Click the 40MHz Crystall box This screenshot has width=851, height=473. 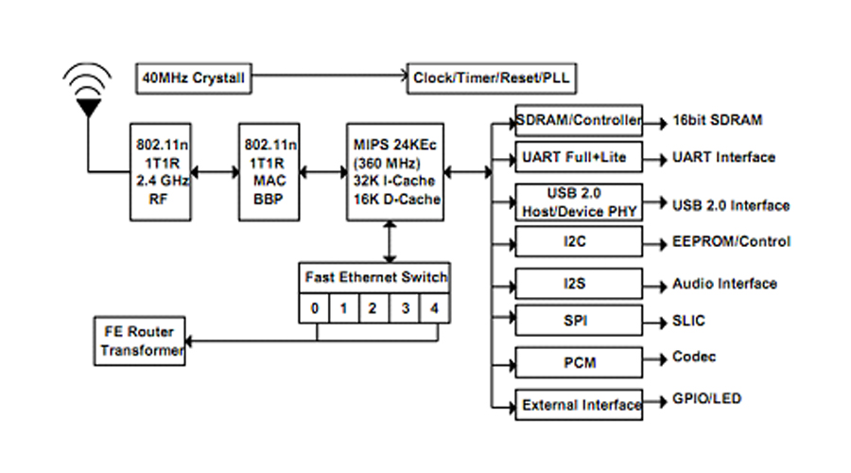click(x=194, y=79)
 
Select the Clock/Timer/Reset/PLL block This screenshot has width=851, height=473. click(x=492, y=79)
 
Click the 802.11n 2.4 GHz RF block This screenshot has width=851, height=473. click(x=161, y=172)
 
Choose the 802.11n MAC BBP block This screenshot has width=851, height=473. click(x=269, y=172)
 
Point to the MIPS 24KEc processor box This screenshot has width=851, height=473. click(x=395, y=172)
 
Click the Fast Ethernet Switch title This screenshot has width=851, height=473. click(x=375, y=277)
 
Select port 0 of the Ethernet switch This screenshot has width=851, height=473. click(x=315, y=308)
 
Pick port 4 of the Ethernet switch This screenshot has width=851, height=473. click(x=434, y=308)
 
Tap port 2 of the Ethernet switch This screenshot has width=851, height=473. click(x=373, y=308)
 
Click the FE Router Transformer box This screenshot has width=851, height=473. click(x=140, y=342)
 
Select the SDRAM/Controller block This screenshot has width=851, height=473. click(x=579, y=120)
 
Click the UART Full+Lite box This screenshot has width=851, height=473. click(x=579, y=157)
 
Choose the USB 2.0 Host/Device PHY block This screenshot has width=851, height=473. click(x=579, y=202)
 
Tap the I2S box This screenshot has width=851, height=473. click(x=579, y=284)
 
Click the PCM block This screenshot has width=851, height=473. click(x=579, y=362)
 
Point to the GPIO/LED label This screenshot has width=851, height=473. click(x=706, y=398)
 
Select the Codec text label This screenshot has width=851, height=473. click(x=694, y=357)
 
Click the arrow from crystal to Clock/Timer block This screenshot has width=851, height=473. click(x=329, y=76)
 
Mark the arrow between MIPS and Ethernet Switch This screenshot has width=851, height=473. click(x=390, y=241)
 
